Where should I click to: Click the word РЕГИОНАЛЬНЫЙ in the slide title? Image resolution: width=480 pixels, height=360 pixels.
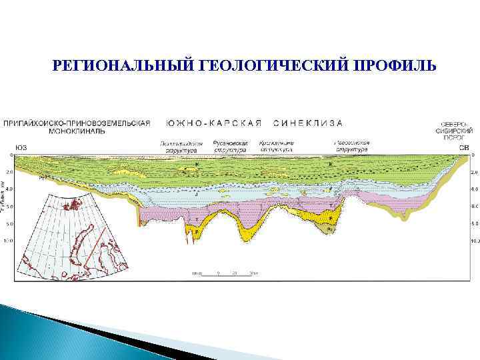tap(123, 65)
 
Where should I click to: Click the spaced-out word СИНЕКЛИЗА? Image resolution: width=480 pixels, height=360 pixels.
tap(308, 123)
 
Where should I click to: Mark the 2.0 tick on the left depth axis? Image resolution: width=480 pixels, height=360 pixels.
tap(9, 172)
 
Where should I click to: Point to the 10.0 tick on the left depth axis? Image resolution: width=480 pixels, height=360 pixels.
tap(8, 240)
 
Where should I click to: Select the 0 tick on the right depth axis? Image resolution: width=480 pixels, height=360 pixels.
tap(473, 155)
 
